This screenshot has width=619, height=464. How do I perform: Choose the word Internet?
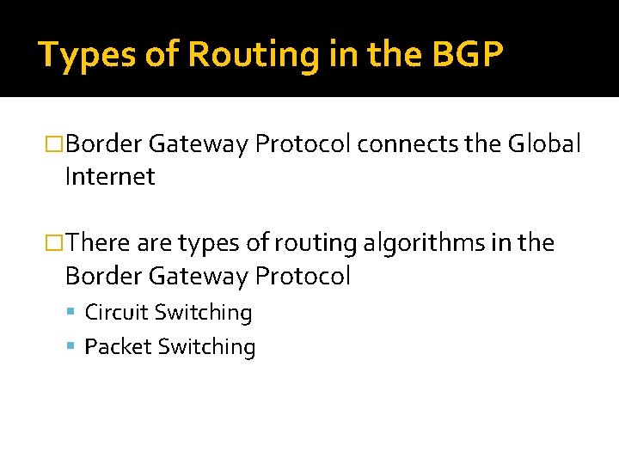(110, 177)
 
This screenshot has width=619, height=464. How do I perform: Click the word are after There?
(154, 244)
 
